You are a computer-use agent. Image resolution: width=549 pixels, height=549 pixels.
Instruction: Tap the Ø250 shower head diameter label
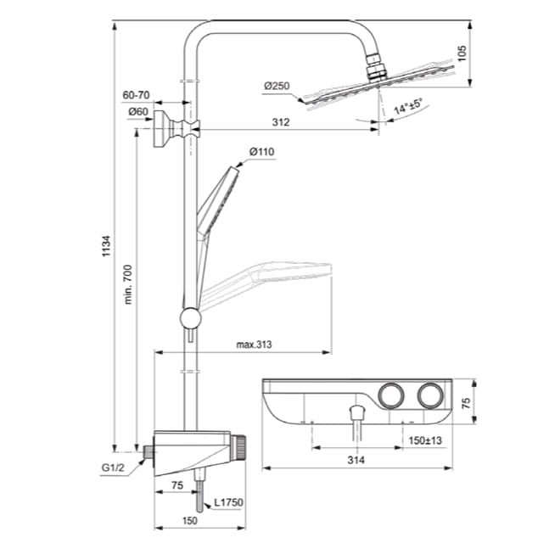(x=277, y=85)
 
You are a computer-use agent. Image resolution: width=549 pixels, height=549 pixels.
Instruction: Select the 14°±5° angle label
(x=408, y=107)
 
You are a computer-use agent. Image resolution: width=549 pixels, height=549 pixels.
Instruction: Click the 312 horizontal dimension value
(x=281, y=122)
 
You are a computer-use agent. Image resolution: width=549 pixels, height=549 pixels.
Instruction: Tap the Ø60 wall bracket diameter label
(x=139, y=111)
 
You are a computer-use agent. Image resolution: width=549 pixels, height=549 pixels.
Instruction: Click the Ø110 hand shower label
(x=261, y=153)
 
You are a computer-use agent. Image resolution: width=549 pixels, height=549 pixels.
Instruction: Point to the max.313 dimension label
(x=254, y=346)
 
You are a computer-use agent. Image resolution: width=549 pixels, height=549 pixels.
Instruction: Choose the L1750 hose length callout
(x=227, y=503)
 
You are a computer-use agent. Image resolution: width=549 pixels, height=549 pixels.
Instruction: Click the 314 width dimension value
(x=357, y=461)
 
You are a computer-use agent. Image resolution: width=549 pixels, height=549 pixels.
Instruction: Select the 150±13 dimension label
(x=426, y=440)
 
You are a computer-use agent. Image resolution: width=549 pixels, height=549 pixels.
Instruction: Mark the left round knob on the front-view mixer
(x=393, y=395)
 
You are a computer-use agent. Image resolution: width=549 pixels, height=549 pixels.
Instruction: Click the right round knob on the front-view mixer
(x=429, y=395)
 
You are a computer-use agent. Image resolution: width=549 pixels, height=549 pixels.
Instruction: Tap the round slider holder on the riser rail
(x=190, y=318)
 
